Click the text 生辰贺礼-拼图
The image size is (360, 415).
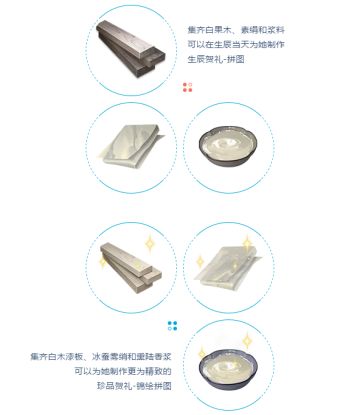[x=219, y=59]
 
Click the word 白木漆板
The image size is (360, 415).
[x=64, y=357]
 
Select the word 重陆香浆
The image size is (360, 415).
[x=149, y=357]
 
